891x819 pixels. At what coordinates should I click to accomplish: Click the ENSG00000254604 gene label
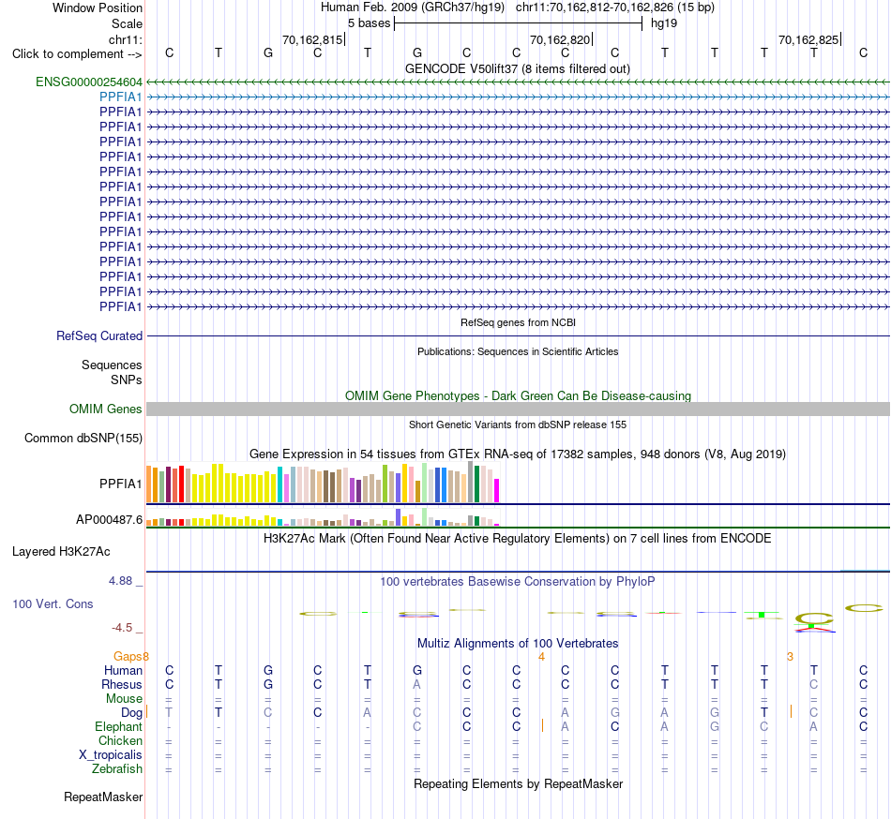tap(89, 82)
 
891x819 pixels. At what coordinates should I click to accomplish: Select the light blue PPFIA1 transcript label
tap(120, 97)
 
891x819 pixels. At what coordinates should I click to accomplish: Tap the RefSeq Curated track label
tap(99, 336)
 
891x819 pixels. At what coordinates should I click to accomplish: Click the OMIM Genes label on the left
tap(106, 409)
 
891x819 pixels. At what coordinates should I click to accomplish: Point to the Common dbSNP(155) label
tap(83, 439)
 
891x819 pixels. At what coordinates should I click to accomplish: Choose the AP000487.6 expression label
tap(109, 519)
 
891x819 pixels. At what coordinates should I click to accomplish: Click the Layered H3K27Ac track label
tap(61, 552)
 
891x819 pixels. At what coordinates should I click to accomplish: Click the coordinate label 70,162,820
tap(560, 39)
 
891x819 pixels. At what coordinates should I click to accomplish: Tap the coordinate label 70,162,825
tap(808, 39)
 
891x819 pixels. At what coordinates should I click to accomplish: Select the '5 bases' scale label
tap(370, 23)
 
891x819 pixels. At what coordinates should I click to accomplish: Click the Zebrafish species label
tap(117, 769)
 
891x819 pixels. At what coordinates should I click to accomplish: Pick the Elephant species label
tap(119, 727)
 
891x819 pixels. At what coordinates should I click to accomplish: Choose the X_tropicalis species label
tap(111, 755)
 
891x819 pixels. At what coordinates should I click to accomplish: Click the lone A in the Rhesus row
tap(417, 684)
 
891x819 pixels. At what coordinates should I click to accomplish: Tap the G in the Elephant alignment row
tap(715, 726)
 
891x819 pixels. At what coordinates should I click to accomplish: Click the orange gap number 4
tap(541, 657)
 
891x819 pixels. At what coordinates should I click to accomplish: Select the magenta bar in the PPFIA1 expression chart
tap(497, 491)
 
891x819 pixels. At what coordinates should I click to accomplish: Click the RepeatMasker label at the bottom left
tap(103, 797)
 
